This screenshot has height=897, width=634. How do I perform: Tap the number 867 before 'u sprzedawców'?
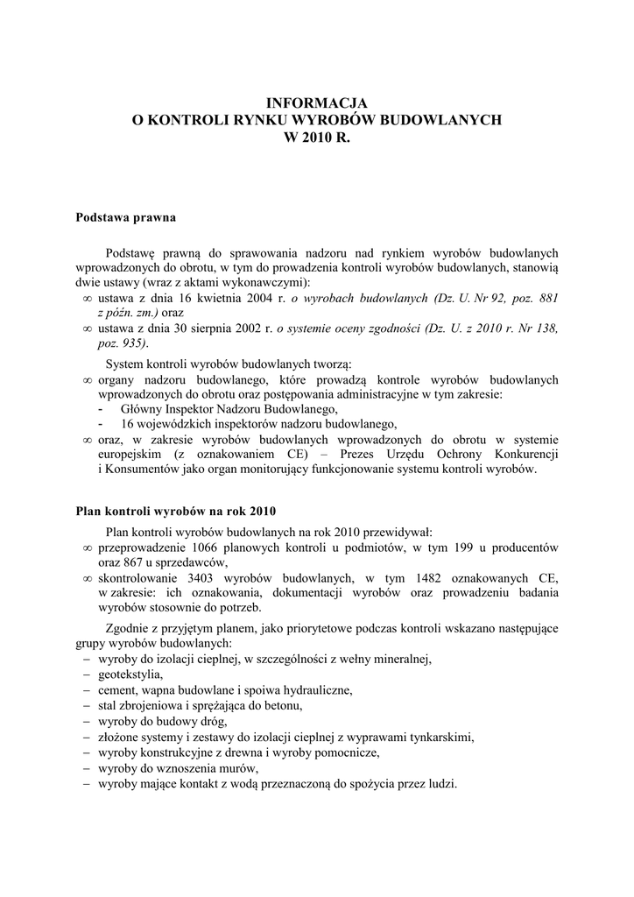tap(130, 563)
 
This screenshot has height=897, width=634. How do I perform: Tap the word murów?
tap(214, 768)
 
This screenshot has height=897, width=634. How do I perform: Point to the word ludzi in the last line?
tap(441, 784)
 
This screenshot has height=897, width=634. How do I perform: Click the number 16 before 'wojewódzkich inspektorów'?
tap(127, 424)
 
